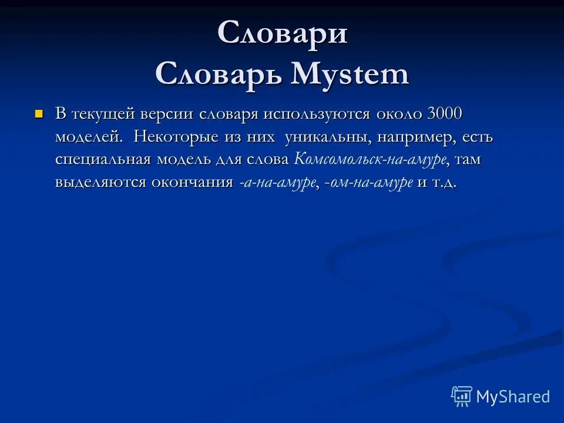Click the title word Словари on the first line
pyautogui.click(x=282, y=33)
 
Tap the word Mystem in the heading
pyautogui.click(x=350, y=75)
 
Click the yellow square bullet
pyautogui.click(x=39, y=113)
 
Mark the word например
pyautogui.click(x=417, y=136)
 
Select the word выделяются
pyautogui.click(x=99, y=182)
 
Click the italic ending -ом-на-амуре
pyautogui.click(x=368, y=183)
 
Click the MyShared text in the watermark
pyautogui.click(x=512, y=397)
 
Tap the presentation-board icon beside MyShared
pyautogui.click(x=462, y=397)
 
